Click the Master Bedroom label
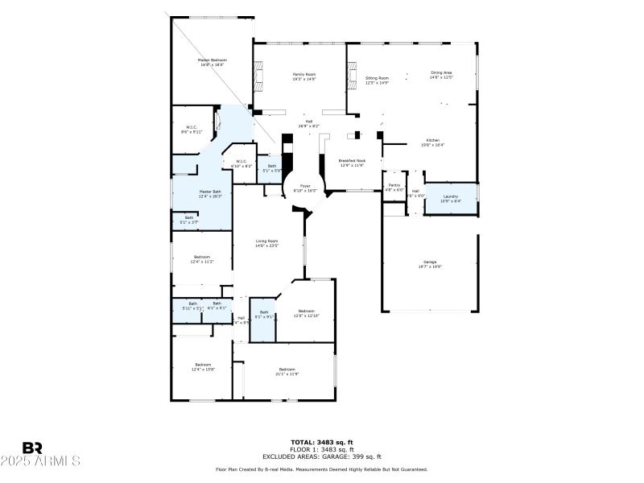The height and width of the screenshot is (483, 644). click(213, 62)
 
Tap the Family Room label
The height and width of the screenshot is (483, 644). click(303, 76)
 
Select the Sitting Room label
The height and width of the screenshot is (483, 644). click(377, 80)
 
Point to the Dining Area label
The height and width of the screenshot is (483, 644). click(441, 75)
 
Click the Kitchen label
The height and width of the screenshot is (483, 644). click(433, 142)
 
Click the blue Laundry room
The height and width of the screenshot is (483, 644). click(450, 198)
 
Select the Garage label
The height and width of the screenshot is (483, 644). click(430, 264)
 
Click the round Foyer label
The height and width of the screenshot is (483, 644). click(305, 187)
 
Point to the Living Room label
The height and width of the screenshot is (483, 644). click(267, 243)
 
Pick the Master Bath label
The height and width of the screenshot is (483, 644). click(210, 193)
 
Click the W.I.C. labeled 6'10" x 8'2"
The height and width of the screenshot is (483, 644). click(242, 163)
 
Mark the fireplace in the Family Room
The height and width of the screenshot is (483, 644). click(258, 78)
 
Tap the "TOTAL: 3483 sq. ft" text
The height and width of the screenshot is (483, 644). click(321, 442)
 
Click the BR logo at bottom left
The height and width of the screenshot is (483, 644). click(32, 447)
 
